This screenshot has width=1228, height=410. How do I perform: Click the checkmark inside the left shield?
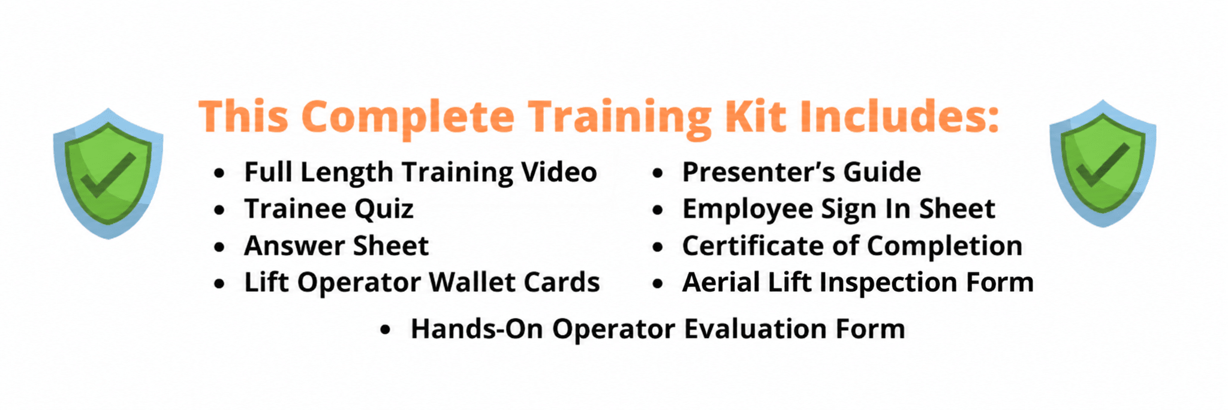108,175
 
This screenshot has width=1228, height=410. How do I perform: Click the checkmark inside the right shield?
1103,164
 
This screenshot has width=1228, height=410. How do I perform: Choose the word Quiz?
384,210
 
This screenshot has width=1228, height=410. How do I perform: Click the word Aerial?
721,282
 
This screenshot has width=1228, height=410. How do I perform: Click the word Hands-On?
477,329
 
